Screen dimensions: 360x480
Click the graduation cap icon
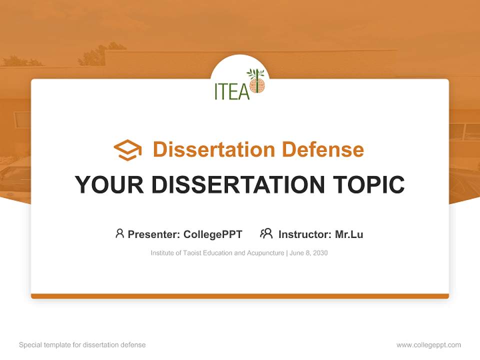click(127, 149)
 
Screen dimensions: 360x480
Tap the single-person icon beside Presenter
click(119, 233)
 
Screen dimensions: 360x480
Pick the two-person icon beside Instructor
click(266, 233)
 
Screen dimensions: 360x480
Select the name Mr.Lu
click(349, 234)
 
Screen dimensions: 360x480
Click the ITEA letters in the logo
click(231, 91)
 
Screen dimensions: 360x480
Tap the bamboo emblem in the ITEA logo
click(257, 82)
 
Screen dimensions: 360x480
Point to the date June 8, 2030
click(308, 253)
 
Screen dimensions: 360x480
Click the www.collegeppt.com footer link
click(428, 345)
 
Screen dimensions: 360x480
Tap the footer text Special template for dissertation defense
click(82, 345)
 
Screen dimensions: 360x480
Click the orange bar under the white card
click(240, 296)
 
